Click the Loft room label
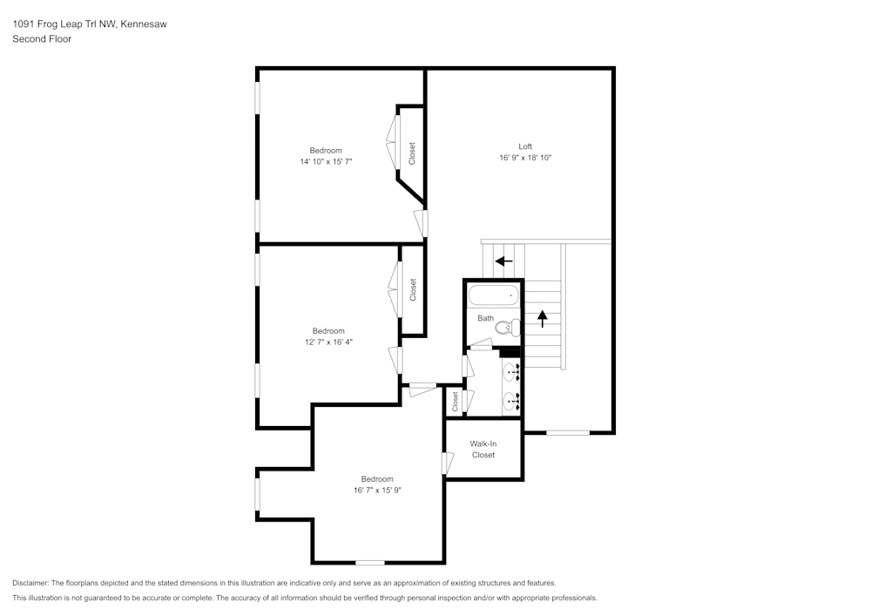coord(525,146)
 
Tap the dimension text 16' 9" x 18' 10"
coord(525,158)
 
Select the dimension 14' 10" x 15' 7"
coord(326,162)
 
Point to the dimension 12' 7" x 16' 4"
coord(328,342)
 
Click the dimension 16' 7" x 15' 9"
coord(377,491)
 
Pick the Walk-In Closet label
coord(483,450)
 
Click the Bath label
coord(485,318)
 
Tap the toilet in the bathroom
coord(514,328)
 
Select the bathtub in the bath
coord(493,295)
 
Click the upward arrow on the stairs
coord(543,318)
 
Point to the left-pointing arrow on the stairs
coord(503,260)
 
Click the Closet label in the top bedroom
coord(412,153)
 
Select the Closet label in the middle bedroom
coord(413,289)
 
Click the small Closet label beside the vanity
coord(455,402)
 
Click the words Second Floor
coord(42,39)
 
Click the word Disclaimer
coord(30,583)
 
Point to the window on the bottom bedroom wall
coord(370,563)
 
